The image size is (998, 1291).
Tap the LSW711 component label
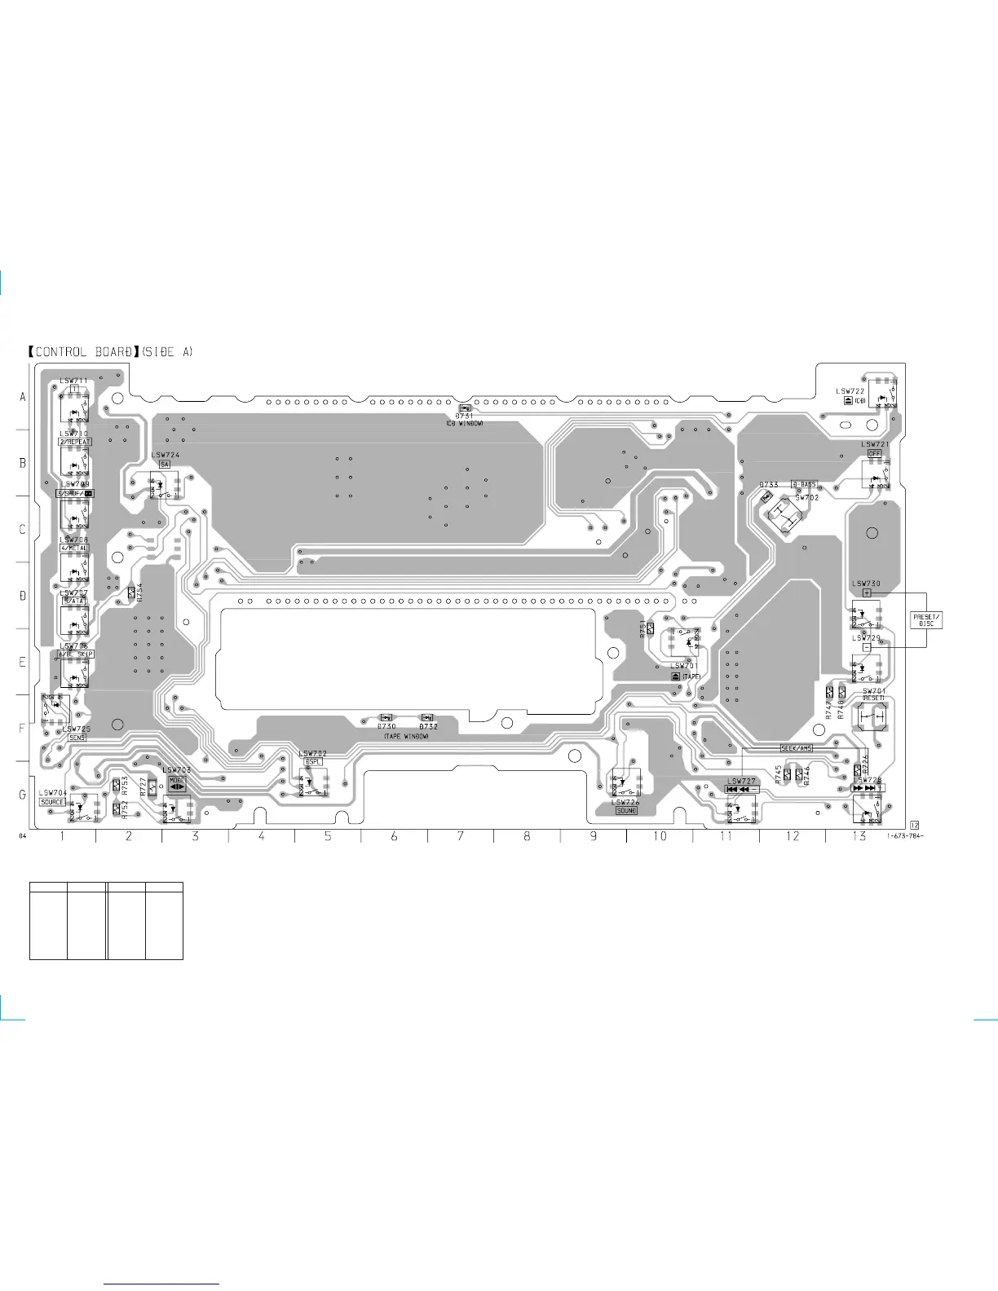pyautogui.click(x=73, y=381)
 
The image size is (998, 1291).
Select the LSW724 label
pyautogui.click(x=166, y=455)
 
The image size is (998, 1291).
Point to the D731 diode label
pyautogui.click(x=464, y=416)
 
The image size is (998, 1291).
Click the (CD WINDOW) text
pyautogui.click(x=464, y=424)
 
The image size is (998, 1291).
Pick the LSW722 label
pyautogui.click(x=850, y=391)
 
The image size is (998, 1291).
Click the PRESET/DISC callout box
pyautogui.click(x=926, y=620)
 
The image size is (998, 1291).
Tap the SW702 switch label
pyautogui.click(x=806, y=497)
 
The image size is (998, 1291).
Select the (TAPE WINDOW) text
pyautogui.click(x=406, y=736)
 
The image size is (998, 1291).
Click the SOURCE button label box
pyautogui.click(x=52, y=802)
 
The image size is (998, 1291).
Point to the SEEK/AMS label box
pyautogui.click(x=796, y=748)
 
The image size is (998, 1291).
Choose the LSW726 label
pyautogui.click(x=626, y=803)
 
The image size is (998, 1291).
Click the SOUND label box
pyautogui.click(x=626, y=811)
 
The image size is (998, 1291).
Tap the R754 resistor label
pyautogui.click(x=139, y=591)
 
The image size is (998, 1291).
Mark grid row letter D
pyautogui.click(x=23, y=596)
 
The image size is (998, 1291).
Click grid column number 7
pyautogui.click(x=461, y=836)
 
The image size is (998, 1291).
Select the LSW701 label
pyautogui.click(x=684, y=667)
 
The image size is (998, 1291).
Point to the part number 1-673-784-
pyautogui.click(x=905, y=837)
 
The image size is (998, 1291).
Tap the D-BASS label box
pyautogui.click(x=803, y=485)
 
